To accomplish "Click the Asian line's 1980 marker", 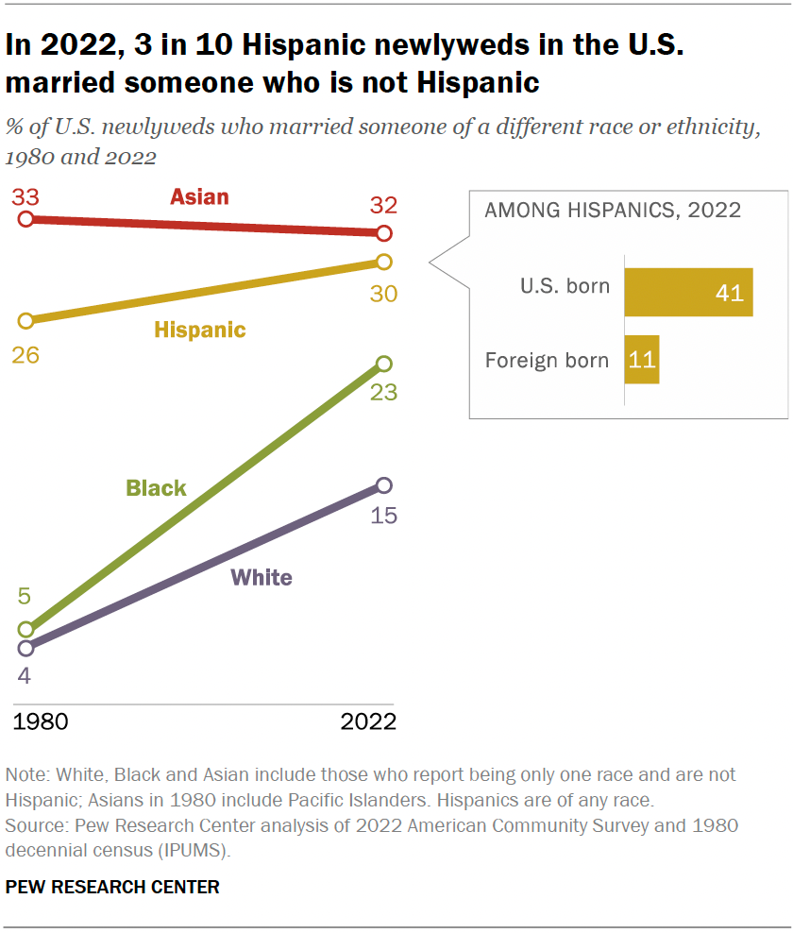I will pos(25,219).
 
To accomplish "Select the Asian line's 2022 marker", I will pos(383,233).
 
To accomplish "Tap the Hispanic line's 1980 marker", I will pos(25,320).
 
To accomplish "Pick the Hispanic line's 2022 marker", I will pos(383,262).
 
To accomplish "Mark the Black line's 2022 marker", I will pos(383,364).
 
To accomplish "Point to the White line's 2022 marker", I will pos(383,485).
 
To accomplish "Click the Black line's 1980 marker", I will pos(25,629).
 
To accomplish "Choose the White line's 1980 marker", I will pos(25,648).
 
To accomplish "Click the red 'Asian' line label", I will pos(199,196).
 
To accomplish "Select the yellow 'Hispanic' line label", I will pos(199,330).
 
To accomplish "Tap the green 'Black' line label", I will pos(156,488).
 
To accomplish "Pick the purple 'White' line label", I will pos(262,577).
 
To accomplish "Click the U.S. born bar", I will pos(688,291).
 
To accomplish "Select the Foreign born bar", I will pos(641,360).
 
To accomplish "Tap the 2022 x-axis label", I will pos(367,722).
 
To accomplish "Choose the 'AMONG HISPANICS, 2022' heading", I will pos(613,210).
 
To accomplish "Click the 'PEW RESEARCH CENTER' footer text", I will pos(112,888).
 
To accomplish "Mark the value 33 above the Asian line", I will pos(25,196).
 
